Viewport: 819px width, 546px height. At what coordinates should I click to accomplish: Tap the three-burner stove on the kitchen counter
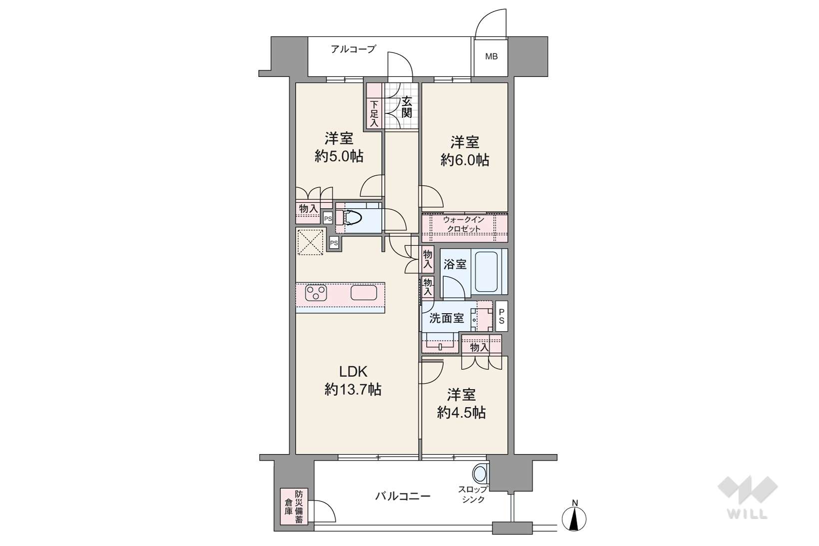(316, 293)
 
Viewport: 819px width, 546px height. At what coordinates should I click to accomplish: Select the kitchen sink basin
(364, 293)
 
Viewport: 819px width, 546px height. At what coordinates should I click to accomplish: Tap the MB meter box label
(491, 56)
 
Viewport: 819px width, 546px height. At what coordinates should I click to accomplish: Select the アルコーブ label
(353, 49)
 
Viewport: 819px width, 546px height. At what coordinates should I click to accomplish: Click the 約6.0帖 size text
(465, 160)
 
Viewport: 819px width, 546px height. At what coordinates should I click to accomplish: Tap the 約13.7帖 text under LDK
(353, 390)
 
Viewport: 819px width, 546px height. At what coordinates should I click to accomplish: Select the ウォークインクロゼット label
(464, 224)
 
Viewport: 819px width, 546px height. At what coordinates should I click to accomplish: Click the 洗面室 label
(446, 318)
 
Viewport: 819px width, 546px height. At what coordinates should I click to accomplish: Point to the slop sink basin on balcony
(480, 474)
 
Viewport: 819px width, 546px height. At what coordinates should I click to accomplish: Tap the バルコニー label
(403, 497)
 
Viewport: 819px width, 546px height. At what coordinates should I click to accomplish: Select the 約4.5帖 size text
(461, 413)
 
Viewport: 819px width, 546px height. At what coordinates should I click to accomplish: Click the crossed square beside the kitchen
(311, 242)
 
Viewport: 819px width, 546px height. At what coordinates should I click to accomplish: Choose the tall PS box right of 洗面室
(502, 316)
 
